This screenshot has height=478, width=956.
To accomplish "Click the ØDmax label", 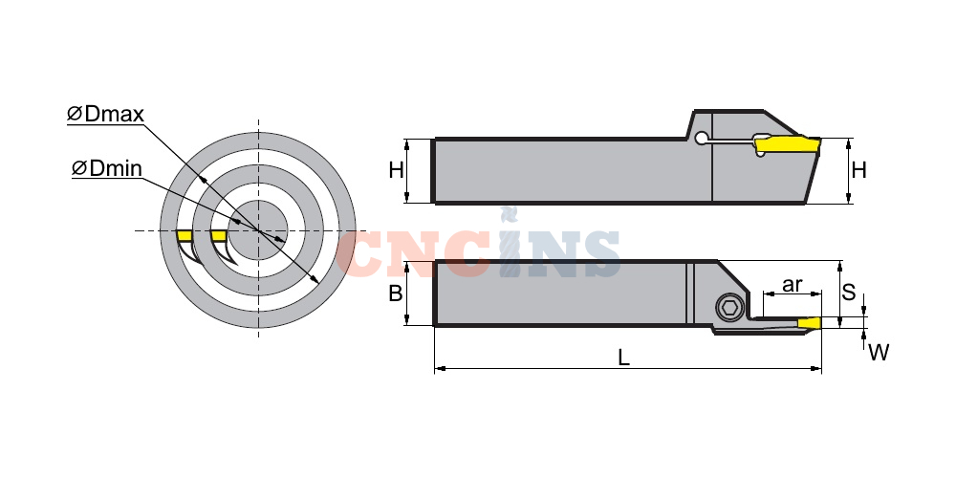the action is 105,114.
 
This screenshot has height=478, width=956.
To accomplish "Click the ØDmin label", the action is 107,167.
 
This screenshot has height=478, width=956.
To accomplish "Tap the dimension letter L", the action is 623,358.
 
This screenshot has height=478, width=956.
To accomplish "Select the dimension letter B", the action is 396,293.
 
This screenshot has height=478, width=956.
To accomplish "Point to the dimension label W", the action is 879,353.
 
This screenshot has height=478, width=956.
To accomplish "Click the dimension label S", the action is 849,292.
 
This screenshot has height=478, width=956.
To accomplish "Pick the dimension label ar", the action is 792,285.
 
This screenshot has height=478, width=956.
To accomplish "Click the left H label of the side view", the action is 397,170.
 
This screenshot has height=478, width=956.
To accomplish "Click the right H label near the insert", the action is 859,170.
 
